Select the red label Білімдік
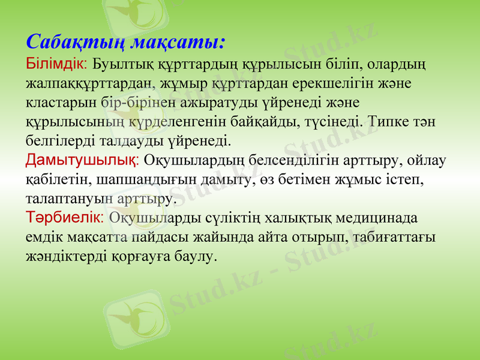[57, 62]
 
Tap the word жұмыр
[189, 82]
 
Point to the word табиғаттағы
[395, 236]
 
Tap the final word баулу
[193, 256]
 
